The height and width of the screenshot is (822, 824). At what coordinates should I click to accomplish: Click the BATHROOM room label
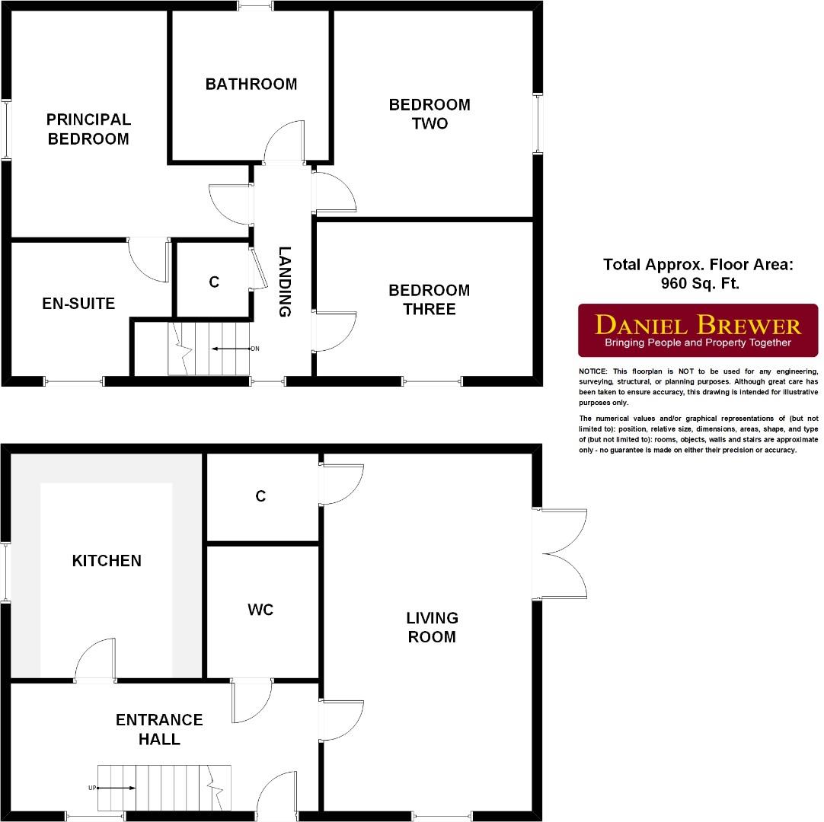coord(251,84)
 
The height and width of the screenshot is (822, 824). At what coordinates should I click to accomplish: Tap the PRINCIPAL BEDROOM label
coord(88,129)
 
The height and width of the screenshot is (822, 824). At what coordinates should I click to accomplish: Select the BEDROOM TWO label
coord(430,113)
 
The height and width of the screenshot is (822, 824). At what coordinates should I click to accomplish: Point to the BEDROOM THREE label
coord(430,299)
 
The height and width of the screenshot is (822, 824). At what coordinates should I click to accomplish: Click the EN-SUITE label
coord(78,304)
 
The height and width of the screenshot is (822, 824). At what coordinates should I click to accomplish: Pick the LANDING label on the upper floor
coord(284,281)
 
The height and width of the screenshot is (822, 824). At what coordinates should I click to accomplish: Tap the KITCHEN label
coord(107,560)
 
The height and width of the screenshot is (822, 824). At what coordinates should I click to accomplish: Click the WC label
coord(260,610)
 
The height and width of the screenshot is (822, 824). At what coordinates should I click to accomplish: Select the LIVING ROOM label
coord(432,627)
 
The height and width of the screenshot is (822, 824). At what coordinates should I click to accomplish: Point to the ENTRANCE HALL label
coord(159,729)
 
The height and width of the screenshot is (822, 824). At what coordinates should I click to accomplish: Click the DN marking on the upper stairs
coord(255,349)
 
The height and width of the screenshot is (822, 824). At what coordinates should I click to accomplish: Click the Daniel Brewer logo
coord(698,331)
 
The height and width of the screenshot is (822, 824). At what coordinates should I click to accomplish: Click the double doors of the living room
coord(564,553)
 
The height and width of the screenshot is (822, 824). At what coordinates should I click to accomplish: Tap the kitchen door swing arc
coord(96,659)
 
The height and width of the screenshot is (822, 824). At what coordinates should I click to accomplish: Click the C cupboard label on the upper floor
coord(214,282)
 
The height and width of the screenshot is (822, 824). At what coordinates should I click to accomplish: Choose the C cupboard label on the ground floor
coord(260,496)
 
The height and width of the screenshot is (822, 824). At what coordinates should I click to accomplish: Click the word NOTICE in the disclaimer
coord(592,371)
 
